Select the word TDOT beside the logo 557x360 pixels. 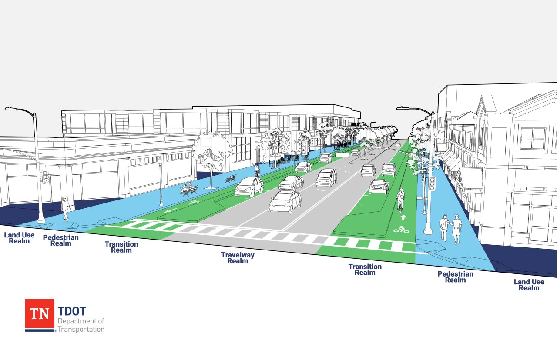72,311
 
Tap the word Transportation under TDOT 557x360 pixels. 81,330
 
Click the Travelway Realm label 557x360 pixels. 238,258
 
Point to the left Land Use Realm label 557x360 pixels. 19,238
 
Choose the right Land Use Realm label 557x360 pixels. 529,285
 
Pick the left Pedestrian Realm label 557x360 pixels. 60,240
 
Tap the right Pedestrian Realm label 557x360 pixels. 455,277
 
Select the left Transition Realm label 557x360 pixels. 121,247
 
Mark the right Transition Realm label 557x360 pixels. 365,270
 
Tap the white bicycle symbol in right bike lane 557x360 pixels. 401,230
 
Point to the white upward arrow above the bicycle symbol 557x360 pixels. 403,217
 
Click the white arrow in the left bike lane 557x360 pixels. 171,210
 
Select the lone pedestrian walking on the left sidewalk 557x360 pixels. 66,209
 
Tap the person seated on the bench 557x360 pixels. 185,188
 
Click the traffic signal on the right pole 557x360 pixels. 433,183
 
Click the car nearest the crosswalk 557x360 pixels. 285,202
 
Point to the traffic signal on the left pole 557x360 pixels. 45,177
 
